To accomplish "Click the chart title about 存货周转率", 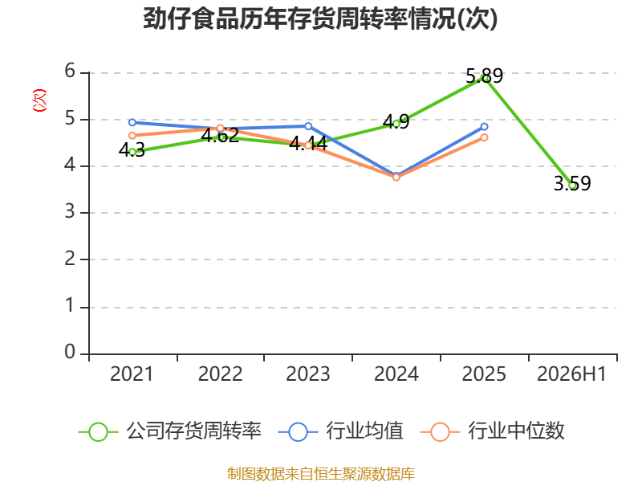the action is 320,18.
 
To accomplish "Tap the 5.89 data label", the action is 485,76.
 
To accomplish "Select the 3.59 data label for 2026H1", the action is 572,183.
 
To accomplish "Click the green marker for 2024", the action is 396,124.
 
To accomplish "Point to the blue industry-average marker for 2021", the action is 132,123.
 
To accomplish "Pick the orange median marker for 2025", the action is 485,137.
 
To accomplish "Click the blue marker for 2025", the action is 485,127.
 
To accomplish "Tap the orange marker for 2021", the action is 132,136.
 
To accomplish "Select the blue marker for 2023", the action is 308,126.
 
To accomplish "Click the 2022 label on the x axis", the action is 220,374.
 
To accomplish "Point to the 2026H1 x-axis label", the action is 571,374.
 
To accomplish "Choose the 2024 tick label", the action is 396,374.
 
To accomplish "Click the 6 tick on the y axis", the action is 70,71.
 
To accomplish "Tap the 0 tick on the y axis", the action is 70,352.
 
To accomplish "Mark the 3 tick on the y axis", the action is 70,212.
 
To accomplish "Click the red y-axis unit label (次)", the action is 39,100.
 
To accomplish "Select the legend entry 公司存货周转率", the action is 170,431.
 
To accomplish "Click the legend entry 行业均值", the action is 340,431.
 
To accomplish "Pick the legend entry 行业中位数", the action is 493,431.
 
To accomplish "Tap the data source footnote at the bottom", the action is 321,474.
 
